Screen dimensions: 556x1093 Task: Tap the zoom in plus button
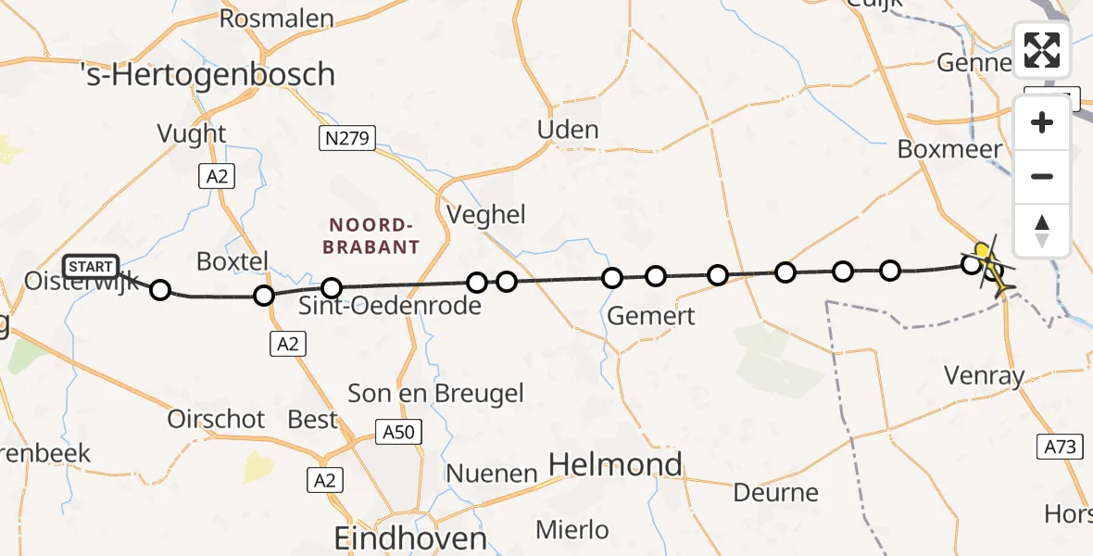click(x=1042, y=123)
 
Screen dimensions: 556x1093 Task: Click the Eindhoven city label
click(x=410, y=538)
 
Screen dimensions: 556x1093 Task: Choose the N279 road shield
click(x=346, y=140)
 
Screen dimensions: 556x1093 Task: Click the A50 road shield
click(x=399, y=431)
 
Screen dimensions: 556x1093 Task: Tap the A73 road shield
click(x=1060, y=447)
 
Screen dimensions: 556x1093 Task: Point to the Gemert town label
click(x=650, y=317)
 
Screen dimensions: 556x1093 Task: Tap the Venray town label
click(x=984, y=376)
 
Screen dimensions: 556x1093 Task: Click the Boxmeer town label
click(x=949, y=149)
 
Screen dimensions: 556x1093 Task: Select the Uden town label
click(x=568, y=130)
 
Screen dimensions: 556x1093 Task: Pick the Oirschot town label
click(x=216, y=419)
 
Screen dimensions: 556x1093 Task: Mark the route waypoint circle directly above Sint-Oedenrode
click(x=332, y=288)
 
